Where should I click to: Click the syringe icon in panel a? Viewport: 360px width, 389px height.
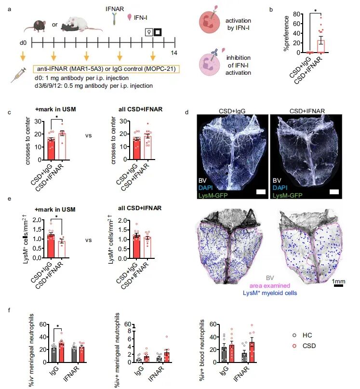(19, 75)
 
